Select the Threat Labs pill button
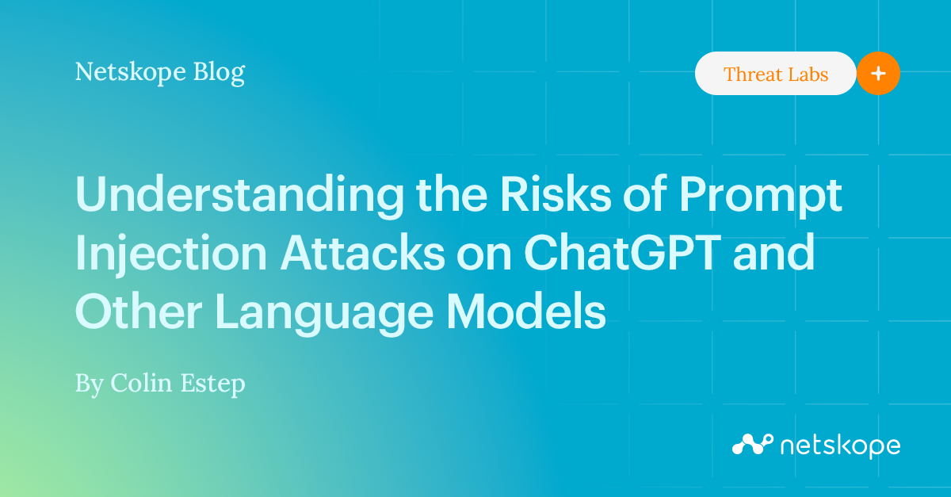pos(775,75)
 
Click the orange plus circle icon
pos(878,74)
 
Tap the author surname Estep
pos(215,385)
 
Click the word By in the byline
pos(89,384)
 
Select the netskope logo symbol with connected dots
pos(752,445)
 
